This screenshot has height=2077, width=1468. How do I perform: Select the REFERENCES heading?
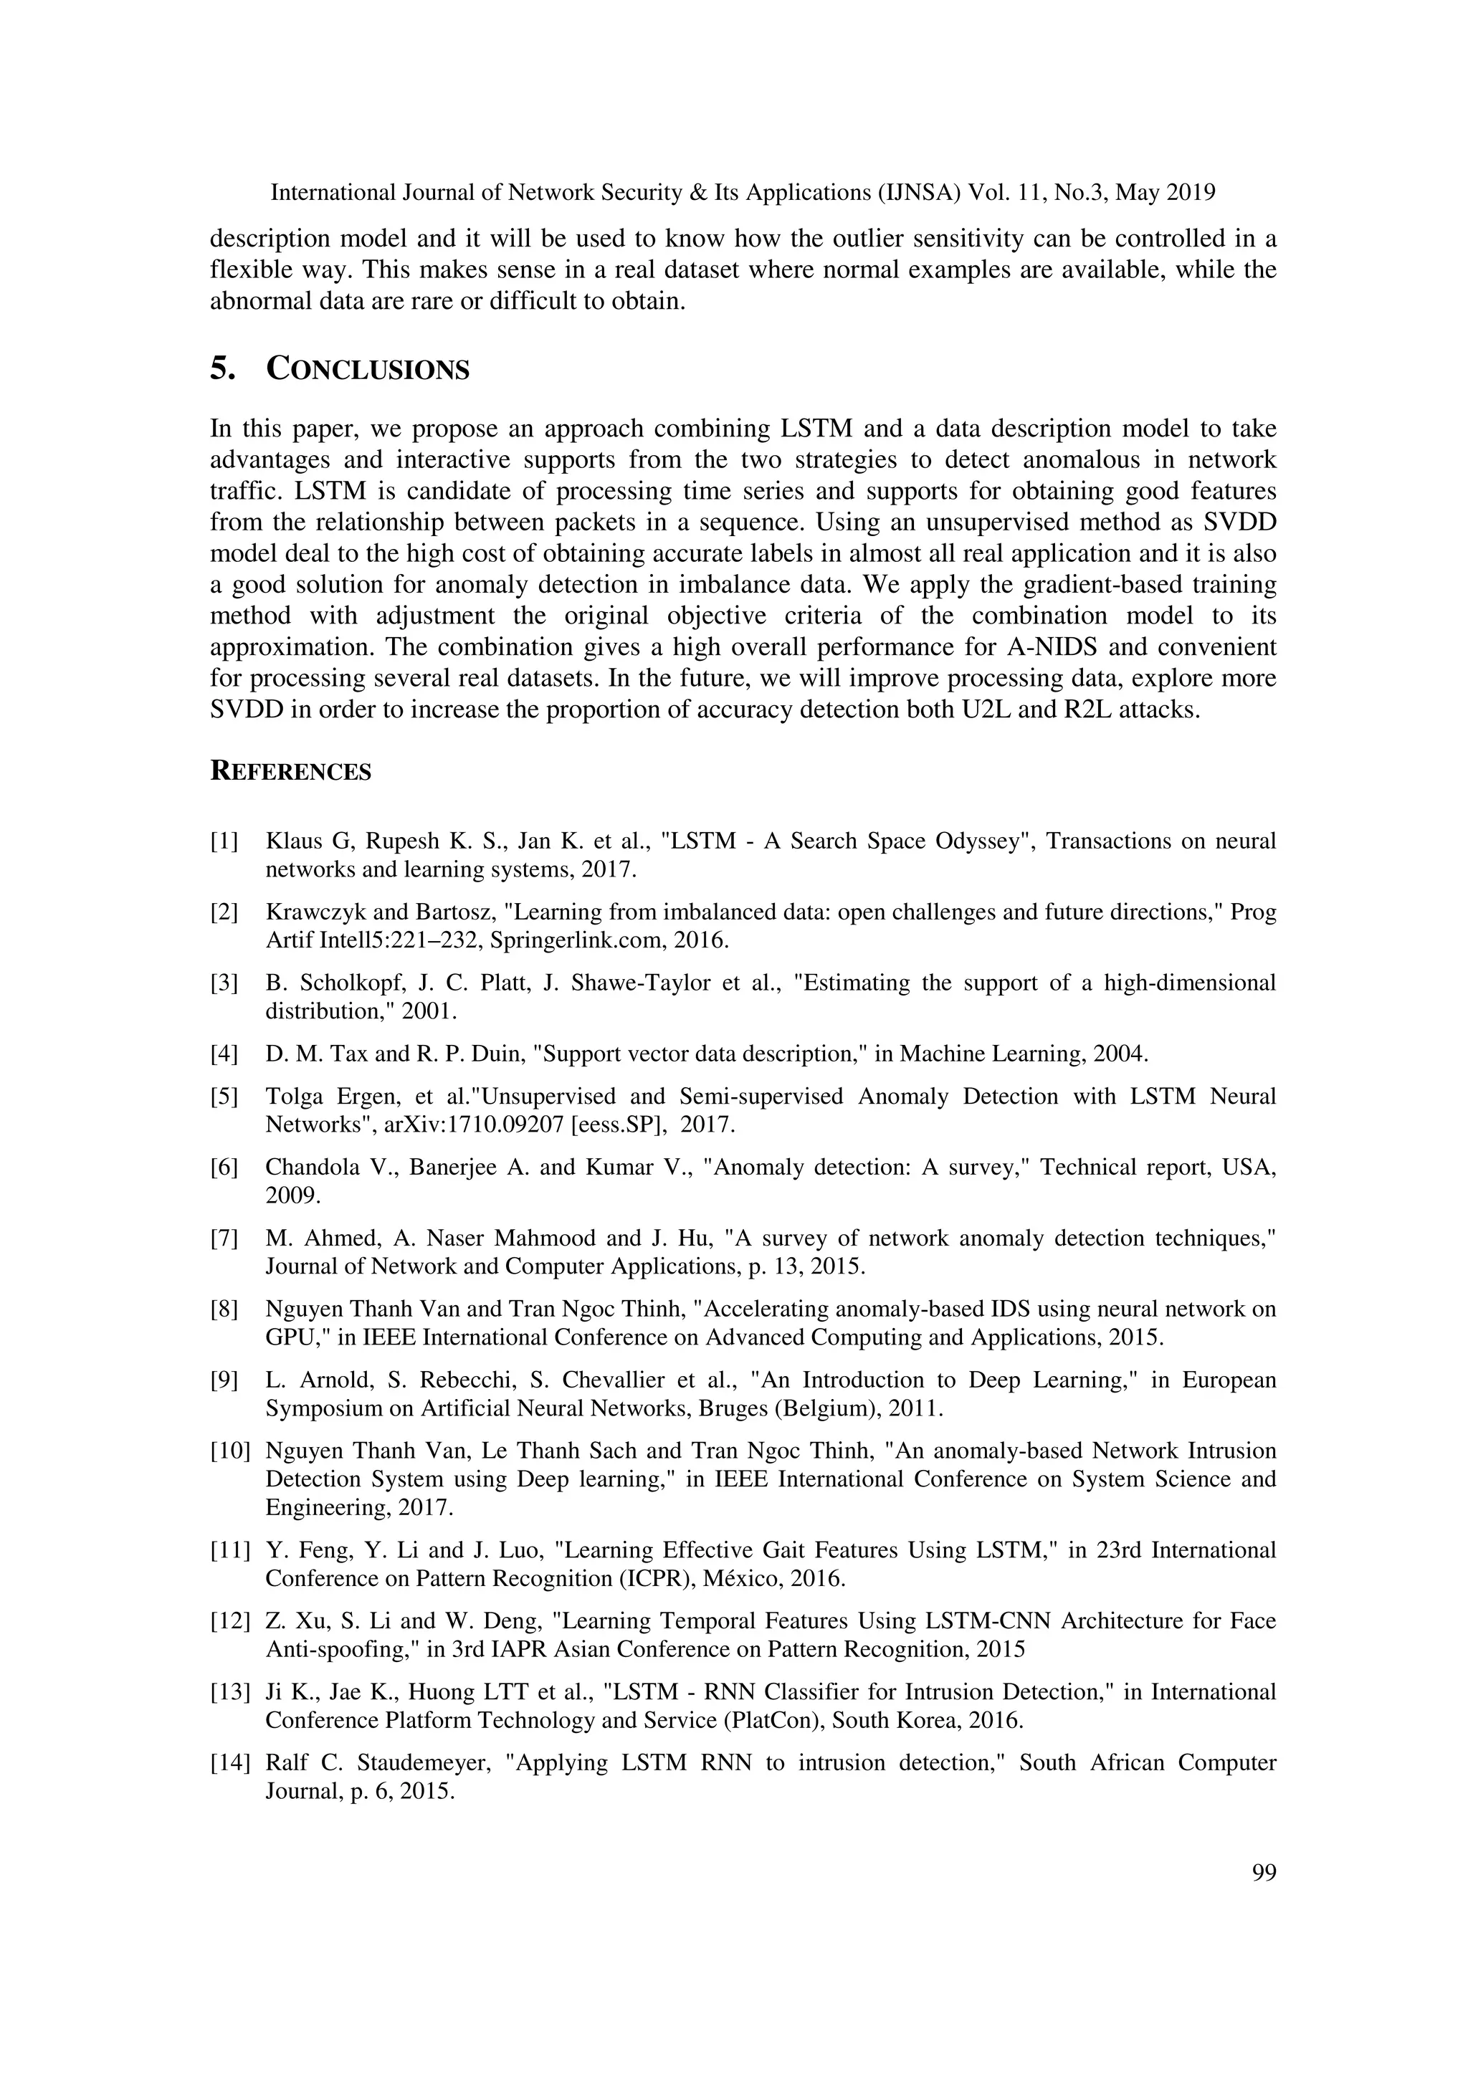[290, 772]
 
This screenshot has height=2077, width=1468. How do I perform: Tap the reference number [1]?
[224, 841]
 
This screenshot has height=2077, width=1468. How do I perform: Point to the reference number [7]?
[224, 1238]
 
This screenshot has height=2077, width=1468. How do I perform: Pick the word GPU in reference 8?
[290, 1337]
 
